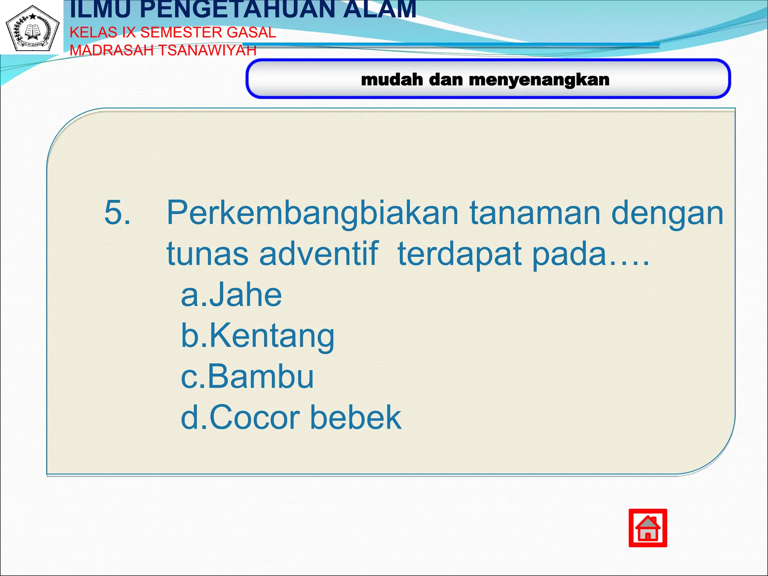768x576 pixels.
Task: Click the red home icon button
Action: pyautogui.click(x=648, y=528)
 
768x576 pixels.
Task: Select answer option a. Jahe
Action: pyautogui.click(x=231, y=295)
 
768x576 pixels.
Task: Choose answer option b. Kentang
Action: pyautogui.click(x=257, y=336)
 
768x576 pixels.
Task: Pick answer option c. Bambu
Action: pyautogui.click(x=247, y=376)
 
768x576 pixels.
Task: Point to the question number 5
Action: pyautogui.click(x=117, y=213)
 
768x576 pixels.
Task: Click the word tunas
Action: pyautogui.click(x=207, y=254)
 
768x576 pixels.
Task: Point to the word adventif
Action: pyautogui.click(x=318, y=254)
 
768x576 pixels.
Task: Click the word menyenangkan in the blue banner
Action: pyautogui.click(x=539, y=80)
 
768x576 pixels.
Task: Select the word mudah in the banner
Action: pyautogui.click(x=392, y=79)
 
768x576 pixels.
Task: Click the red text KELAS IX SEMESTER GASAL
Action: pyautogui.click(x=173, y=33)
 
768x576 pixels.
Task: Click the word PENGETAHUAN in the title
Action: pyautogui.click(x=238, y=10)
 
